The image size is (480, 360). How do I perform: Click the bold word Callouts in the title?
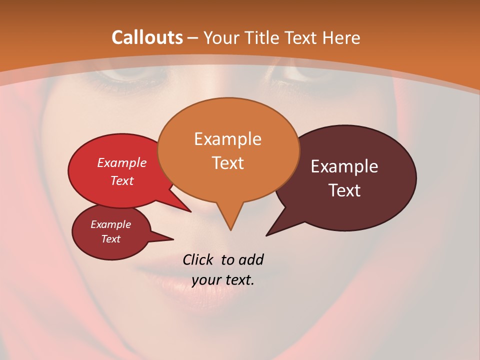point(147,37)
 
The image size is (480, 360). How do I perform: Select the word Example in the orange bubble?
point(227,139)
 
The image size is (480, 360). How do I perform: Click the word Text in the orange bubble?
point(227,162)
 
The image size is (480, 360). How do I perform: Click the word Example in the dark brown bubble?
point(344,166)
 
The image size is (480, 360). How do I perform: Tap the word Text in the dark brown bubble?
point(344,190)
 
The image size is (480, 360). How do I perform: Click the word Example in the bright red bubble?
point(121,163)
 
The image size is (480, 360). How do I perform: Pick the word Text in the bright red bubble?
point(121,180)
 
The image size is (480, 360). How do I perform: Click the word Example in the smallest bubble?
point(110,224)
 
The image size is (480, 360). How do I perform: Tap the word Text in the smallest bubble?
point(110,239)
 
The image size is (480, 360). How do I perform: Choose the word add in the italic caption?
point(250,259)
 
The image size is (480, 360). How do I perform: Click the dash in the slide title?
point(193,38)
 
